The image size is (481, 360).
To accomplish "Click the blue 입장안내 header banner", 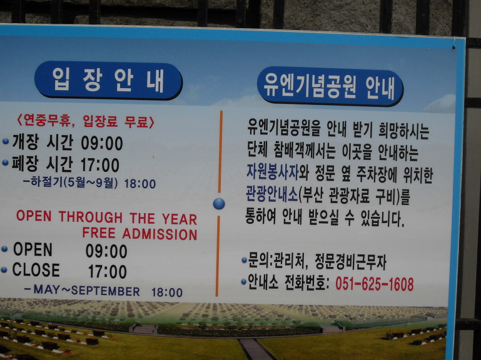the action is point(109,81).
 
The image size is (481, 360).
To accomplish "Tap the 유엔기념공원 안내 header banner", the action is point(330,86).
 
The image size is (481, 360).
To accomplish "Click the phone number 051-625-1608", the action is point(375,284).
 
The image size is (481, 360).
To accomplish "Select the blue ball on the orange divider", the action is point(219,204).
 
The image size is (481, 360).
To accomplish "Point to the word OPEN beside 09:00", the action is point(33,249).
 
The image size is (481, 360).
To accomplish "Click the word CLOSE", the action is point(36,270).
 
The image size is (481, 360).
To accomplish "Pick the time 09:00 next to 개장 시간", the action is point(102,143).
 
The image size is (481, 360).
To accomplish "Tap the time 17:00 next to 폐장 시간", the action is point(100,165).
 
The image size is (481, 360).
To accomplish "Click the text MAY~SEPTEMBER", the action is point(86,291).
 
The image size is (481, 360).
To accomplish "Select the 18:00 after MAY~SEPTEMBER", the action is point(167,292).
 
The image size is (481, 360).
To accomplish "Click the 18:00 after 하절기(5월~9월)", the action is point(140,184).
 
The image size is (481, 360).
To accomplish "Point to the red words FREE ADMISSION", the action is point(139,234).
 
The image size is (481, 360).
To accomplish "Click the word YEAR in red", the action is point(180,219).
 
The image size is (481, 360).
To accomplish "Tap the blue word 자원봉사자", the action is point(273,172).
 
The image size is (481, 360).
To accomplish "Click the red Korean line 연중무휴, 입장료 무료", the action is point(86,121).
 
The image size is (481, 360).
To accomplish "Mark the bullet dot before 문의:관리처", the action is point(244,260).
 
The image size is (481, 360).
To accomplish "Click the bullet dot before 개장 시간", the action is point(6,141).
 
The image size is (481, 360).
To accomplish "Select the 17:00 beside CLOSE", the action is point(108,272).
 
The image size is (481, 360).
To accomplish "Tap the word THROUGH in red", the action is point(91,217).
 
